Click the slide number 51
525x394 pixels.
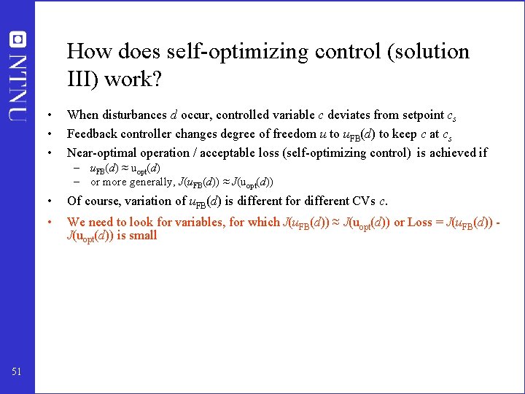[x=17, y=372]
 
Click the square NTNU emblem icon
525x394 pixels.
[x=17, y=39]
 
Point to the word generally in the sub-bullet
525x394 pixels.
[x=150, y=182]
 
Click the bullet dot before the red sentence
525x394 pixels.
[x=48, y=222]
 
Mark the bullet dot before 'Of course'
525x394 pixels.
[x=48, y=201]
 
